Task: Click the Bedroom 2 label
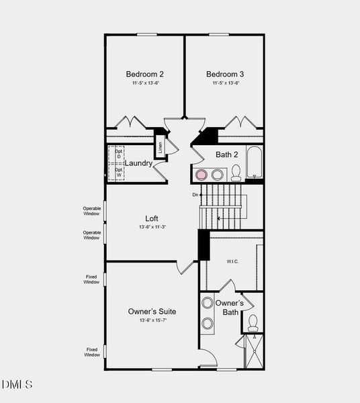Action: click(144, 74)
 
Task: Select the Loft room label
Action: click(152, 218)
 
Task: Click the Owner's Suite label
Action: click(152, 312)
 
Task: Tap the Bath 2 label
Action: click(227, 154)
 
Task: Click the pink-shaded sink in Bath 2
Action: click(201, 175)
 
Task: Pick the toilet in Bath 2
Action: click(236, 175)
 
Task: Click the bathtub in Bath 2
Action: click(255, 164)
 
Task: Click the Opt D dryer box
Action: click(118, 153)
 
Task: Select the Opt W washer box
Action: click(118, 173)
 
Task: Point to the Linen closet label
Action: click(161, 146)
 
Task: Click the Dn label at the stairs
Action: click(195, 195)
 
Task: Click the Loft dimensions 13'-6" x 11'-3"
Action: click(152, 228)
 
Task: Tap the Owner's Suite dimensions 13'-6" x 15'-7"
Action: click(152, 321)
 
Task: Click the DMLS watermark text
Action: click(17, 385)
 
